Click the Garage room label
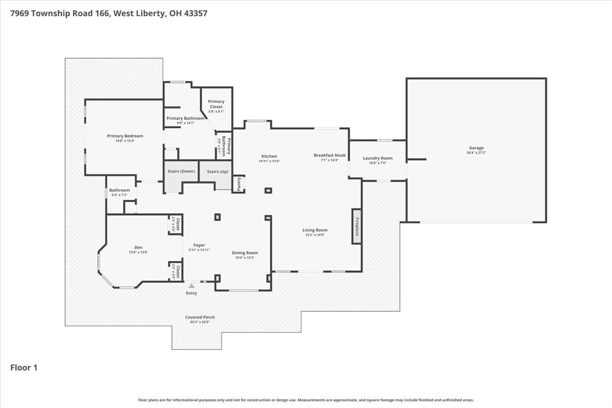[x=476, y=148]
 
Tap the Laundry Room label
[x=377, y=158]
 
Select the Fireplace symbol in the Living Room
[x=356, y=225]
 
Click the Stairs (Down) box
[x=181, y=171]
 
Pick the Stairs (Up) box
[x=217, y=171]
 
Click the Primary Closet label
[x=216, y=104]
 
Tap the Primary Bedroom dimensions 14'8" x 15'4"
[x=124, y=141]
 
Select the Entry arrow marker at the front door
[x=192, y=286]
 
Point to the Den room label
[x=138, y=247]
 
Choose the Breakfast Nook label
[x=329, y=155]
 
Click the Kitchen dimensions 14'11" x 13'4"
[x=269, y=161]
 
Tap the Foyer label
[x=199, y=245]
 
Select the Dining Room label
[x=245, y=252]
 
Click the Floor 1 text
[x=24, y=367]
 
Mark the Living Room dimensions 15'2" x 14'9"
[x=315, y=235]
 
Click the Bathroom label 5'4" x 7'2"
[x=119, y=195]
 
